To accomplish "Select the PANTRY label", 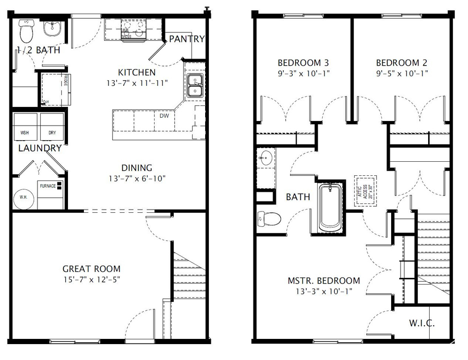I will (x=187, y=39).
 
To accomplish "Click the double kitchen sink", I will (x=194, y=85).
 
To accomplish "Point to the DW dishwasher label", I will (x=164, y=115).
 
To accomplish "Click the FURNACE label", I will (x=48, y=186).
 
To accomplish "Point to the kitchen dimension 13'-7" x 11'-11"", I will (x=137, y=83).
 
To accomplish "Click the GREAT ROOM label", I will (x=91, y=269).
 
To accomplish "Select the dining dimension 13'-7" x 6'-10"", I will (x=137, y=178).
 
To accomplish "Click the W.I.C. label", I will (x=422, y=323).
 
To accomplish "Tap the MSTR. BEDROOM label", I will (x=324, y=281).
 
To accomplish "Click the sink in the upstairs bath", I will (x=266, y=158).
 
